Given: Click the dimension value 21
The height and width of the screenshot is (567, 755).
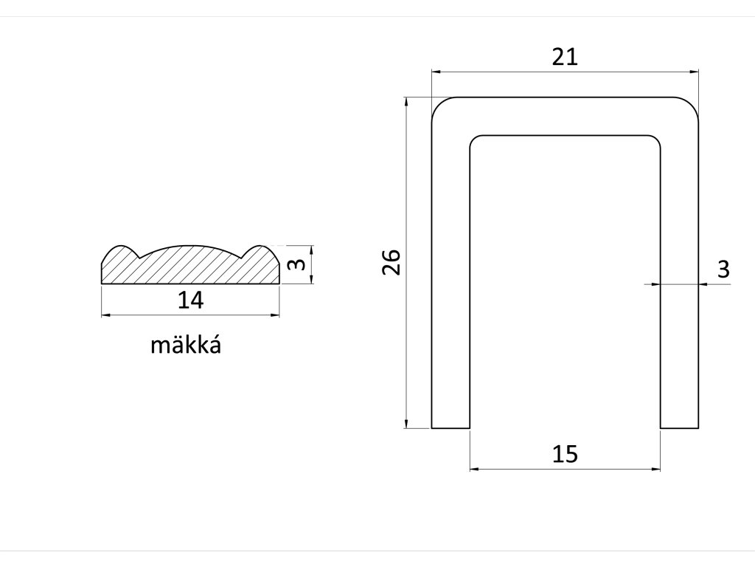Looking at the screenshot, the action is coord(565,57).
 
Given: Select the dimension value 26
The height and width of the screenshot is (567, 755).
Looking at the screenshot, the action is coord(391,262).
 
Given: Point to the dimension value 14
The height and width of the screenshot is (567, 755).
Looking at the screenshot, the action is coord(190,300).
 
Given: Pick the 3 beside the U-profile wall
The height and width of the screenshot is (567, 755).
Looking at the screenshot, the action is coord(723,269).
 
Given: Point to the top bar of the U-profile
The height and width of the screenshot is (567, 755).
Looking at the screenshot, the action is coord(565,116).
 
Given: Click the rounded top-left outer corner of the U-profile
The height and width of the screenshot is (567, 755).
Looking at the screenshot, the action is coord(440,106).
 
